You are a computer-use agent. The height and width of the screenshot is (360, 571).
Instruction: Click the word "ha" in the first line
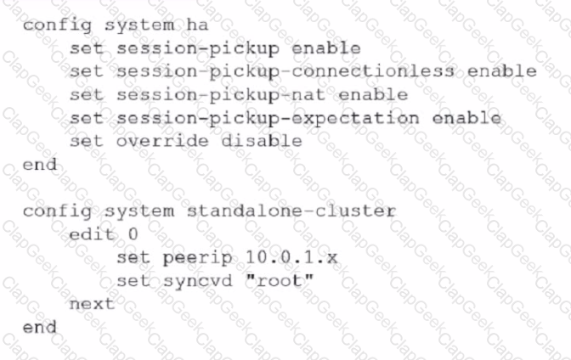(x=197, y=25)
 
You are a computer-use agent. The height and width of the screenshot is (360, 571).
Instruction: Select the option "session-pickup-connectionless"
(x=285, y=71)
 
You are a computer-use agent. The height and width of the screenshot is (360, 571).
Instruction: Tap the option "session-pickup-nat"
(x=221, y=95)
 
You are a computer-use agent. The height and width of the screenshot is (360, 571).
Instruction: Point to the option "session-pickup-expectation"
(x=268, y=119)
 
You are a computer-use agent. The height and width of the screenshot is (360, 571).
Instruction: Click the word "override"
(x=162, y=141)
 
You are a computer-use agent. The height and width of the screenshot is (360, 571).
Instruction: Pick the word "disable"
(x=262, y=141)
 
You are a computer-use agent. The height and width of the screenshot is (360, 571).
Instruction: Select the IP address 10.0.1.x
(x=291, y=257)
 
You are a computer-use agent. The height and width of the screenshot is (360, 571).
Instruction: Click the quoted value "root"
(x=280, y=280)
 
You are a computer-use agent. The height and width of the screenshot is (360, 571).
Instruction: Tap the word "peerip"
(x=198, y=258)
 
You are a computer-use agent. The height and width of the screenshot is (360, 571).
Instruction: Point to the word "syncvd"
(x=197, y=282)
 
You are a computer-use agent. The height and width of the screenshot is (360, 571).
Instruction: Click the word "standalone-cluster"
(x=291, y=211)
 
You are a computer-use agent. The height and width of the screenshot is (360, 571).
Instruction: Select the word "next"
(x=92, y=304)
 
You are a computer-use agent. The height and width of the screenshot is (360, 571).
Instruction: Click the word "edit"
(x=92, y=234)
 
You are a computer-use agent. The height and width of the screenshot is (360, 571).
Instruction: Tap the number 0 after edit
(x=133, y=234)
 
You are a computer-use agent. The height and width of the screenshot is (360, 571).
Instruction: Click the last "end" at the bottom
(x=40, y=327)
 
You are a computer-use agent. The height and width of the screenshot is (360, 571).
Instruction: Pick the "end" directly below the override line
(x=40, y=164)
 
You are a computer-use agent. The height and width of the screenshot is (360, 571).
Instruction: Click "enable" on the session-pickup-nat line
(x=373, y=94)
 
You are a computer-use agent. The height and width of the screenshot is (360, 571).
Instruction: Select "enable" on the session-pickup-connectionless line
(x=502, y=71)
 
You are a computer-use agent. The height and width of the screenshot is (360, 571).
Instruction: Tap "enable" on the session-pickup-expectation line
(x=466, y=117)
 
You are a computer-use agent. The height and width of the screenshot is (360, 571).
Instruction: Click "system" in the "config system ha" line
(x=139, y=26)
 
